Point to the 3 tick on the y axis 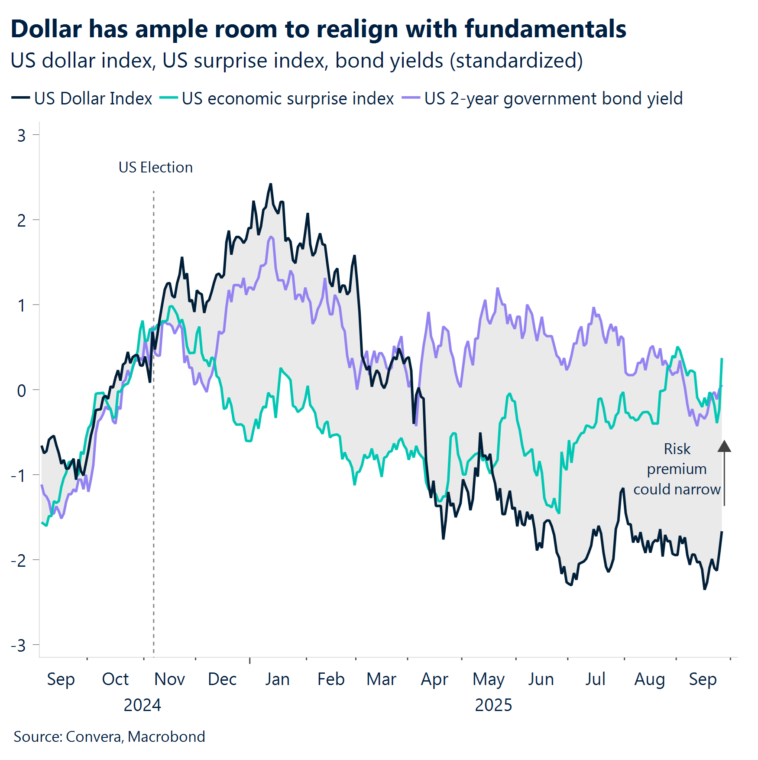click(22, 136)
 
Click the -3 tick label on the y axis click(19, 646)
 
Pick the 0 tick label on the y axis click(22, 390)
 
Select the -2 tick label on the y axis click(19, 561)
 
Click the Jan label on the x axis click(277, 679)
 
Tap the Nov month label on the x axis click(169, 679)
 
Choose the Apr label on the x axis click(434, 679)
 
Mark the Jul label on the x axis click(595, 679)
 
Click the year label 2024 click(142, 705)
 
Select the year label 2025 click(493, 705)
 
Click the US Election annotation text click(155, 167)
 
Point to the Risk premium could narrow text click(677, 469)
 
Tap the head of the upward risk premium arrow click(724, 446)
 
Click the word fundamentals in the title click(545, 29)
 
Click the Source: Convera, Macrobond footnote click(109, 737)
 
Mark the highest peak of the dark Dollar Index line click(271, 184)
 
